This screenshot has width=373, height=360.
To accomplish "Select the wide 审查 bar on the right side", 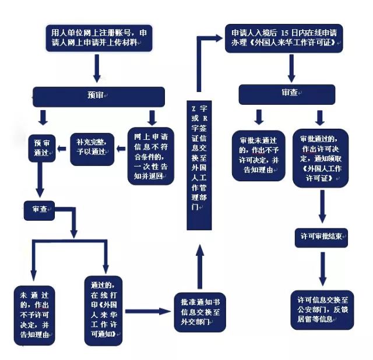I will pos(289,94).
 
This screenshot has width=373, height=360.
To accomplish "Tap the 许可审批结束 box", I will pos(320,235).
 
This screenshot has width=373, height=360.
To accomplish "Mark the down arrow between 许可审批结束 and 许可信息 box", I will pos(321,269).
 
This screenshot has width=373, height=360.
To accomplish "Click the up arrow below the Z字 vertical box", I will pos(198,265).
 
